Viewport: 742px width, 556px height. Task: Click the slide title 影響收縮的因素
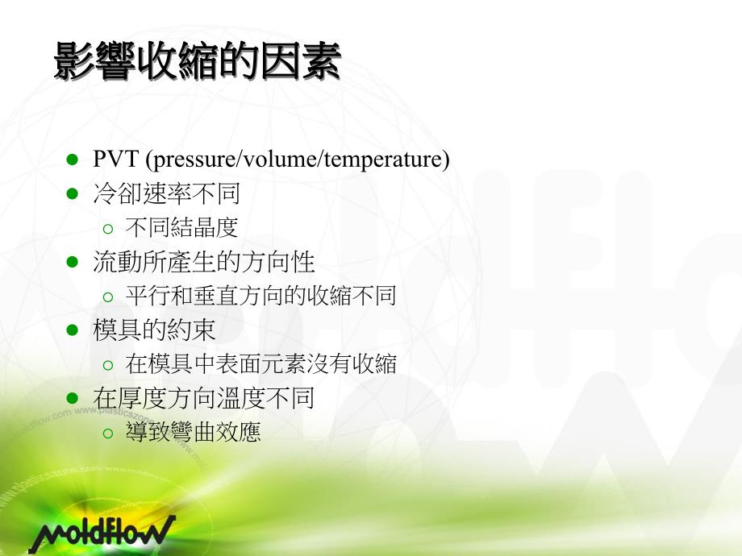[198, 63]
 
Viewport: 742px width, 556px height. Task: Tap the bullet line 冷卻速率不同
[166, 194]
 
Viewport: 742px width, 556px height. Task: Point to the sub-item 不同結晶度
[181, 228]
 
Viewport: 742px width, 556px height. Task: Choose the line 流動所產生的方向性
[203, 262]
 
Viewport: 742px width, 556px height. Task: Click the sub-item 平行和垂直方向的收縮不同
[261, 296]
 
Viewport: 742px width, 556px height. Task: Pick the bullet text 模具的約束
[154, 330]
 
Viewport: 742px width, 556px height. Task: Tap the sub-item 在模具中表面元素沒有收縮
[261, 363]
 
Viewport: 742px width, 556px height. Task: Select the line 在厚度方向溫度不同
[203, 398]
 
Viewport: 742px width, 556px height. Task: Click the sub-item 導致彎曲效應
[193, 432]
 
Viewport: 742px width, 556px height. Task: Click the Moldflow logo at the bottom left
[101, 533]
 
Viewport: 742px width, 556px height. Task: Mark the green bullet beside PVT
[72, 160]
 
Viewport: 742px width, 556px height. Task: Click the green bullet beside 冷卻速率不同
[72, 194]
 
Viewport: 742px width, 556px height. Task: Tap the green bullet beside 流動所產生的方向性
[72, 262]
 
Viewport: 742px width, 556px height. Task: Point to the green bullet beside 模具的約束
[72, 330]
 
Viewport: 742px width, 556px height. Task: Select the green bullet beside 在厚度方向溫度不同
[72, 398]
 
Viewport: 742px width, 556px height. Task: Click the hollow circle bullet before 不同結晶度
[108, 229]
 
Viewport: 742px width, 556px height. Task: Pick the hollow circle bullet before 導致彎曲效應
[108, 433]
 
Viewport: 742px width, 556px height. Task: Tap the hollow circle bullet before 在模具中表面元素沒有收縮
[108, 364]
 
